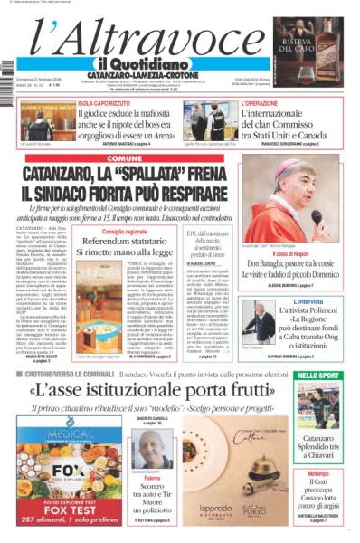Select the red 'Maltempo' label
click(x=318, y=474)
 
